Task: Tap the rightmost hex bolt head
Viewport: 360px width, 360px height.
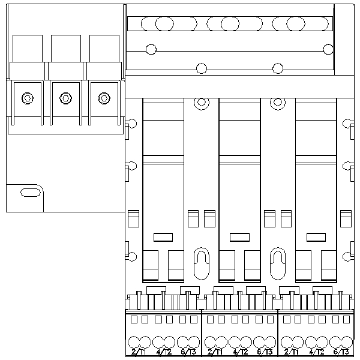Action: click(104, 98)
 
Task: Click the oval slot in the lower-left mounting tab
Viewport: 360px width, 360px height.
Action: click(28, 193)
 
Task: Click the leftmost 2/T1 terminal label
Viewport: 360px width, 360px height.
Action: click(139, 353)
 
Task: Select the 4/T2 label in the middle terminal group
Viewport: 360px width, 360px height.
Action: click(240, 353)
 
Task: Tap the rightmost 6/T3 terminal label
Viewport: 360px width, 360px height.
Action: click(341, 353)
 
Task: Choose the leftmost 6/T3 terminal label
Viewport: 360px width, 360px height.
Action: click(188, 353)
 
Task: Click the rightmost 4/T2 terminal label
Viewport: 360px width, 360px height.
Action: click(316, 353)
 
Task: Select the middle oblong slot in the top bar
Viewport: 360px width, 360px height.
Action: click(229, 23)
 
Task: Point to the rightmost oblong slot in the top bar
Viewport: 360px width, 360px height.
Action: click(295, 23)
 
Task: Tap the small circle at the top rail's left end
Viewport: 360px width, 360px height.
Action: click(151, 49)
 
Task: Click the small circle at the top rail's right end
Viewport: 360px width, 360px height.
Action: click(328, 49)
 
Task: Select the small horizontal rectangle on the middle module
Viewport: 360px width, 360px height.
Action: click(239, 236)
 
